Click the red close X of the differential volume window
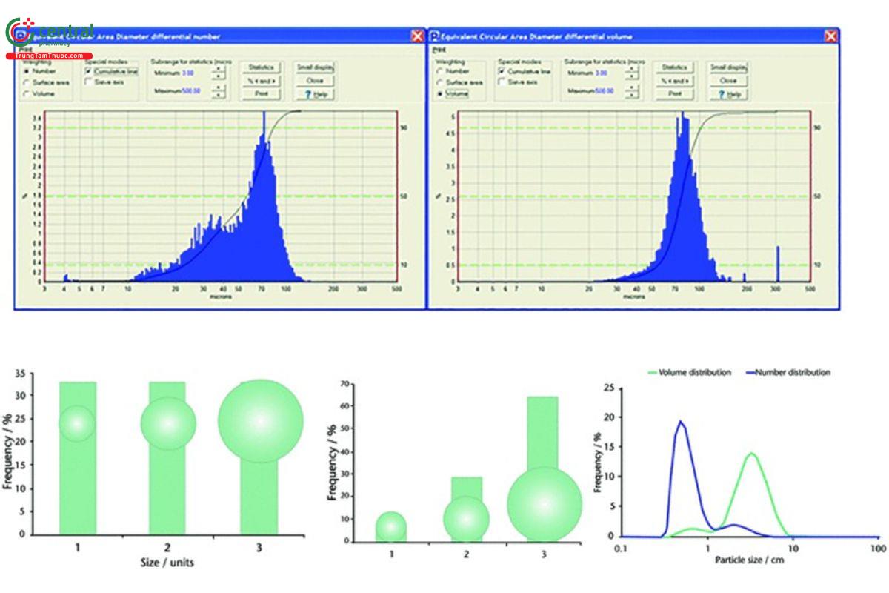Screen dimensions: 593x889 coord(831,36)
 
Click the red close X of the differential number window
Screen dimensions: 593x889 coord(418,36)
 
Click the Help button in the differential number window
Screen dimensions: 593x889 coord(316,94)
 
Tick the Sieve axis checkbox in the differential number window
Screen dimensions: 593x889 coord(89,82)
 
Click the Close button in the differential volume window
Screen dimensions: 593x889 coord(727,80)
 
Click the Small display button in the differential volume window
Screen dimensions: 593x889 coord(727,67)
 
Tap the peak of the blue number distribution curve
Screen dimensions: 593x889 coord(680,422)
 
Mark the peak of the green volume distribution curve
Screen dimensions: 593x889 coord(752,453)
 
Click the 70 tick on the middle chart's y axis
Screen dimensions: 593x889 coord(342,384)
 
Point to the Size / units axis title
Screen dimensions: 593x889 coord(167,563)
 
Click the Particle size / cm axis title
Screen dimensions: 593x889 coord(749,560)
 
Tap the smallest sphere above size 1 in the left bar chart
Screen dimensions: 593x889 coord(77,423)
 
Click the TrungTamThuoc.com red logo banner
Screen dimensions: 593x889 coord(49,56)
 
